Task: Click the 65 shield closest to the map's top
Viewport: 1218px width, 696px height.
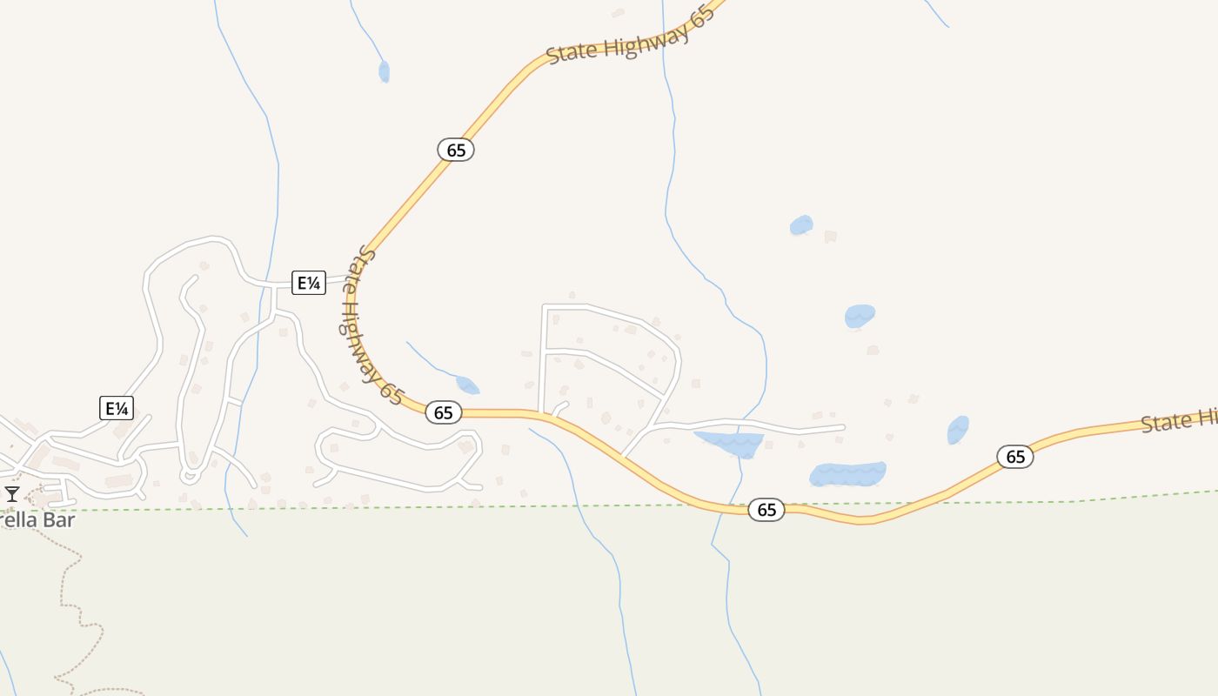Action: tap(456, 150)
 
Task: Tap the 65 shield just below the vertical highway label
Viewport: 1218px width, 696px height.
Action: tap(444, 412)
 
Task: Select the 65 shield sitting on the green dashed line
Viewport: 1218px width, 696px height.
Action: tap(766, 510)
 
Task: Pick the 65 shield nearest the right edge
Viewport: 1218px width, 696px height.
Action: tap(1015, 456)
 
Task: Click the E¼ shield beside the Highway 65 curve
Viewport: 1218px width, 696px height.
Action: tap(309, 283)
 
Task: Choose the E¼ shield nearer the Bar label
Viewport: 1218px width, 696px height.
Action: tap(117, 408)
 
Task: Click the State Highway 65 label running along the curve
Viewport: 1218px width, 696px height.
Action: tap(369, 326)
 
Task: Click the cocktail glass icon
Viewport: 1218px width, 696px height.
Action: tap(12, 494)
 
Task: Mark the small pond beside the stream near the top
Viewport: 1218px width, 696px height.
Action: tap(384, 71)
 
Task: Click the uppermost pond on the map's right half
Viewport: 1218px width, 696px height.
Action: tap(801, 225)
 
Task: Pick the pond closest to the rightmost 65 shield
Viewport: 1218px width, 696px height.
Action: tap(958, 429)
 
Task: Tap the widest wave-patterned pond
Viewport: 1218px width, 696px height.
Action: tap(847, 474)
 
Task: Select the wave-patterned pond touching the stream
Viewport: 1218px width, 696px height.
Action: tap(731, 443)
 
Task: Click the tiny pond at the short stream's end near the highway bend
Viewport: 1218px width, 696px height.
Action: tap(467, 385)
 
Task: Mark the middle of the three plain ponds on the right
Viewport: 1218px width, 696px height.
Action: tap(860, 316)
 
